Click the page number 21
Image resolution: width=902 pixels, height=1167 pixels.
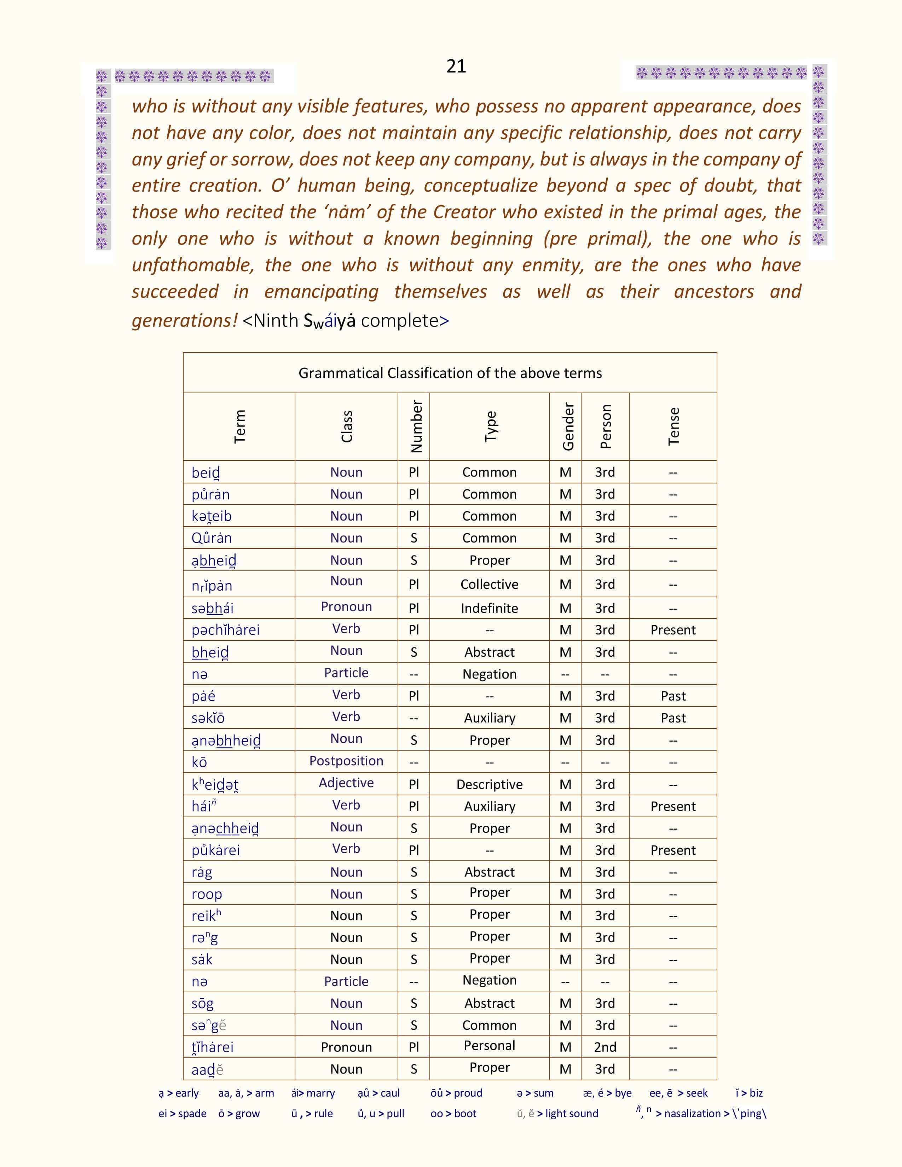(x=456, y=66)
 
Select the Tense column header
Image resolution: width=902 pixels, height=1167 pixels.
(x=673, y=426)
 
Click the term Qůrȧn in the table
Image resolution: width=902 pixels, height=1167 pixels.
(x=212, y=538)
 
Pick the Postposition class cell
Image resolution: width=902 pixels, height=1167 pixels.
(x=346, y=761)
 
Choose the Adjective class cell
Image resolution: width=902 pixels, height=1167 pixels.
(x=346, y=783)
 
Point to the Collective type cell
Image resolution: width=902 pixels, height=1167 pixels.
(x=490, y=584)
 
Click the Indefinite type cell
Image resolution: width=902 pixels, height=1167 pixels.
(x=490, y=608)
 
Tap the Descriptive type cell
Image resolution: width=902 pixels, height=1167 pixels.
(x=490, y=784)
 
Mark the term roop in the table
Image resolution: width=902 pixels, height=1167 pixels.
(x=207, y=894)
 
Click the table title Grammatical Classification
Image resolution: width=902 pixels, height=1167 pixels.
(x=450, y=373)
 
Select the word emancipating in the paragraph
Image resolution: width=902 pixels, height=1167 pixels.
(x=321, y=292)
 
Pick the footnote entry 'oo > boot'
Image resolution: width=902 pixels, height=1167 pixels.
(x=453, y=1114)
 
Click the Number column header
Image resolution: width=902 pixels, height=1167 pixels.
(x=416, y=426)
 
